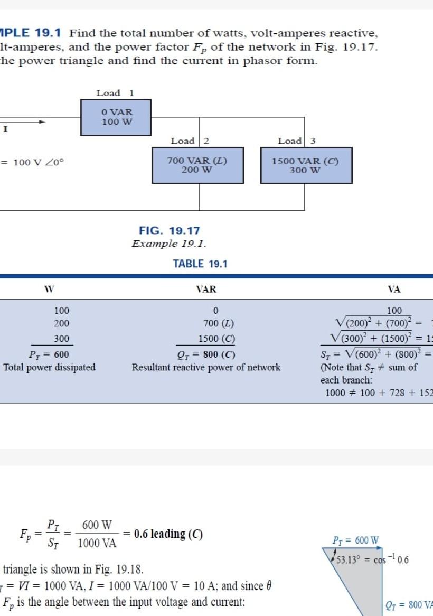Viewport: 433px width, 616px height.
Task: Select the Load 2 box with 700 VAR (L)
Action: [x=197, y=165]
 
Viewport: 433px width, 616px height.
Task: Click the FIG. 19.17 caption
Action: [x=170, y=231]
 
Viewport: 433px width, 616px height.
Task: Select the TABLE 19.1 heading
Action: [x=200, y=264]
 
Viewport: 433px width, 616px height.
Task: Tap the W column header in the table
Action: [x=49, y=289]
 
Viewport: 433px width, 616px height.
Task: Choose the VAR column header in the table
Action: [x=206, y=289]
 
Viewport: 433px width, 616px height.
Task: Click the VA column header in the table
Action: [x=393, y=289]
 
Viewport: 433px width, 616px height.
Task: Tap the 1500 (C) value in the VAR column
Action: [x=216, y=339]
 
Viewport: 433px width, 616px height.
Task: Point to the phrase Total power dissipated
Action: [x=49, y=367]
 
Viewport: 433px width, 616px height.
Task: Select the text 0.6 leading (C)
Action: [x=168, y=534]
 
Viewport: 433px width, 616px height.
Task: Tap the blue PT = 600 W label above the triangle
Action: [x=355, y=540]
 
